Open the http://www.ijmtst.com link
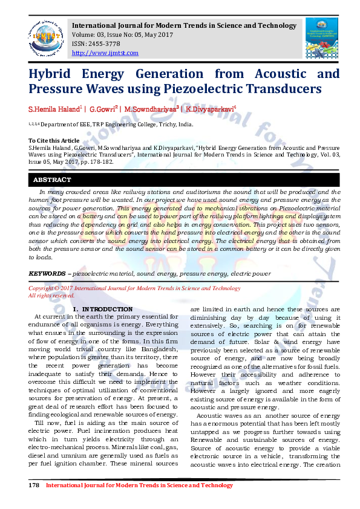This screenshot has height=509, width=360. pos(105,53)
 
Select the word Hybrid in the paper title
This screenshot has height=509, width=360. pos(49,74)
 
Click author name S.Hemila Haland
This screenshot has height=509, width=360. pos(54,110)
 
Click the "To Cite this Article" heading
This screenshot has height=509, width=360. pos(54,140)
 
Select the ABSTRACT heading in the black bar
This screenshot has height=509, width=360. pos(51,180)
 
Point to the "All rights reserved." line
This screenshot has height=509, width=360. pos(51,296)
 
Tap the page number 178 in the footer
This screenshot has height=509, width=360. pos(34,485)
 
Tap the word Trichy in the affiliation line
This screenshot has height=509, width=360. pos(161,124)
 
